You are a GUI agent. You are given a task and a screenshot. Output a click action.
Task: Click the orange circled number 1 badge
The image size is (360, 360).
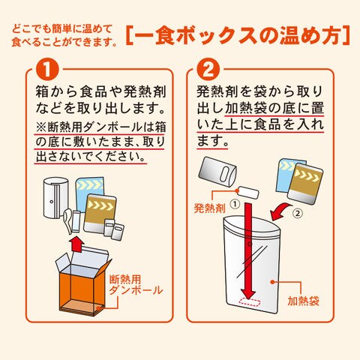47,69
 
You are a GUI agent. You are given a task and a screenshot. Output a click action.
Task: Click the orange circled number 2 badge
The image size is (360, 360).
208,69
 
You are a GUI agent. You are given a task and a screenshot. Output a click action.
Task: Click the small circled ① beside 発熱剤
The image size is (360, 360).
235,204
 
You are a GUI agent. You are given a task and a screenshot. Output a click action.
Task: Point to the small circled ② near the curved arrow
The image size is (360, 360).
298,213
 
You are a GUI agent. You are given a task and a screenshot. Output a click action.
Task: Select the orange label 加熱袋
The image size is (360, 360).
303,301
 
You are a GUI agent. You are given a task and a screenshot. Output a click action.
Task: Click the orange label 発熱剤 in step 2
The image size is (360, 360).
210,208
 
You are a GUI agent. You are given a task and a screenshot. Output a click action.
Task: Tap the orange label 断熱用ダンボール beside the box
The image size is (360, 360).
136,285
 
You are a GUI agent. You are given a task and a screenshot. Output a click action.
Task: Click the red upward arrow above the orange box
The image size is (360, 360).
76,246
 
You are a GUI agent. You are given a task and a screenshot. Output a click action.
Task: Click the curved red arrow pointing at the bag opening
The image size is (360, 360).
281,212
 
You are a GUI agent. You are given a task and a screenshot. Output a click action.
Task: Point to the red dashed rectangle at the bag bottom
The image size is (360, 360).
250,302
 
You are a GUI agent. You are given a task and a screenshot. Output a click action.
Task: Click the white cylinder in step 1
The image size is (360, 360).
55,198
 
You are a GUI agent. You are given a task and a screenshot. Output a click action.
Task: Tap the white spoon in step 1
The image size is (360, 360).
69,220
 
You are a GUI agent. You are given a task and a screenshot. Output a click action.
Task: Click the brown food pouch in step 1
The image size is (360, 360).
100,213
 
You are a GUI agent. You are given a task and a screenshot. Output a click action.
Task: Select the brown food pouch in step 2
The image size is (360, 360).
305,184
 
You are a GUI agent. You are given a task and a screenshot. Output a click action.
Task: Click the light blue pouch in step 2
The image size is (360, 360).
287,175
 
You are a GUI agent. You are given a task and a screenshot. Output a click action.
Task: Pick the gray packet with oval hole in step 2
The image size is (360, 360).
217,172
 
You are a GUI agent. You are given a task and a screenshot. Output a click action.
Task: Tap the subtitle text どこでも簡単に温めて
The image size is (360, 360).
61,29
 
